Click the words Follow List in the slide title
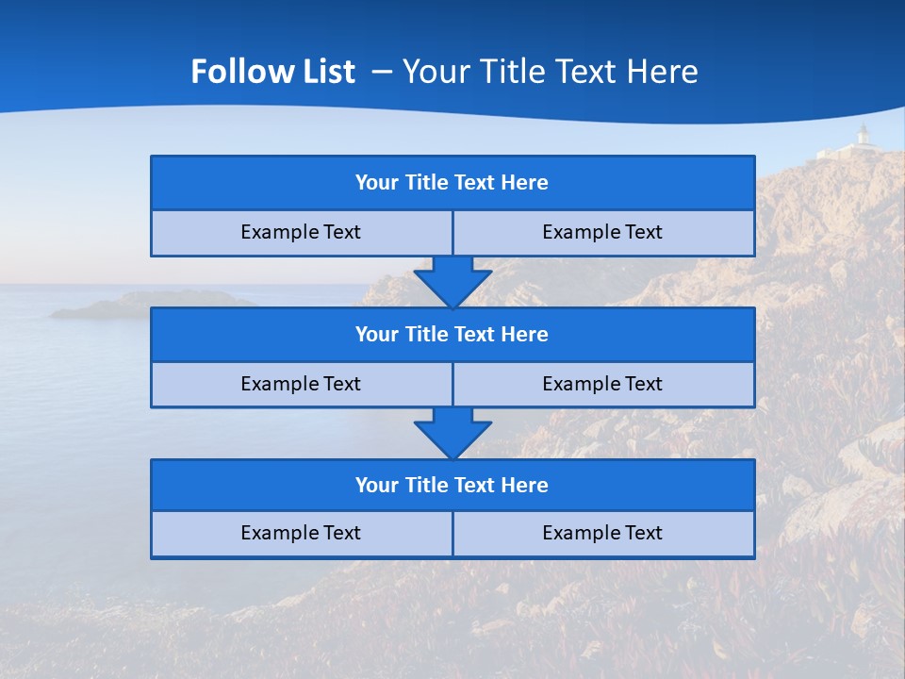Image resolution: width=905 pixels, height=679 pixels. tap(272, 72)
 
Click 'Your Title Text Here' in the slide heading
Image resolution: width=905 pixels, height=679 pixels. tap(550, 72)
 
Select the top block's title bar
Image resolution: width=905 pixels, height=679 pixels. tap(452, 183)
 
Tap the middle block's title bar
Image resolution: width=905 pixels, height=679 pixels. tap(452, 335)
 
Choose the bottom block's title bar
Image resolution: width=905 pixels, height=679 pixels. tap(452, 486)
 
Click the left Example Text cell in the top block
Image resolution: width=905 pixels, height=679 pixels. tap(301, 233)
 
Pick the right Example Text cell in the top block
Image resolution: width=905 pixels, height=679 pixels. tap(602, 233)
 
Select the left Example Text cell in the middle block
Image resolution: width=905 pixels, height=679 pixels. tap(301, 385)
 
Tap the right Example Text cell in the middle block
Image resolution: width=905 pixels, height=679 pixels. tap(602, 385)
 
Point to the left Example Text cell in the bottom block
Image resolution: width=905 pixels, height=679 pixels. tap(301, 534)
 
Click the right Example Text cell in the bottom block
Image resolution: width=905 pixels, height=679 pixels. tap(602, 534)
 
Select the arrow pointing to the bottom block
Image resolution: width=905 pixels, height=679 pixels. tap(452, 432)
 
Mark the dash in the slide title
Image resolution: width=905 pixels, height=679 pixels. tap(382, 72)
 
